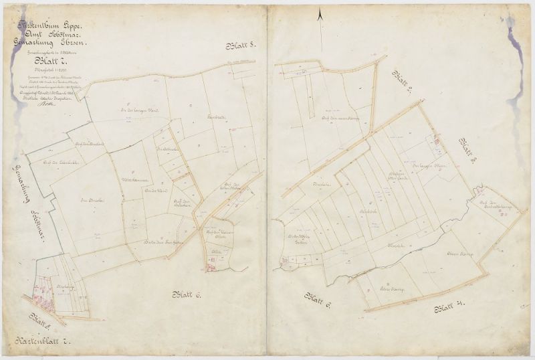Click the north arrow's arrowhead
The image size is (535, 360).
[x=321, y=13]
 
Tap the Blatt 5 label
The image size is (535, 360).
[x=241, y=46]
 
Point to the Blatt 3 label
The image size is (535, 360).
[x=467, y=149]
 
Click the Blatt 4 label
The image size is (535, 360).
[x=450, y=308]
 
